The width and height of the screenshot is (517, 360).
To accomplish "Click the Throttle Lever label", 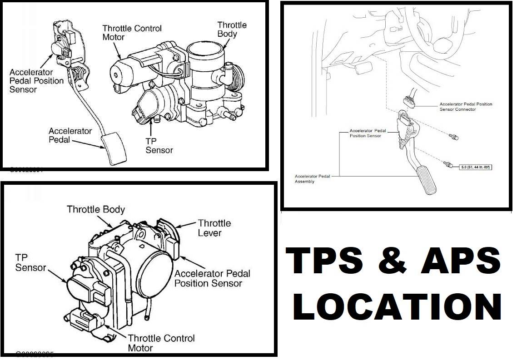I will coord(214,228).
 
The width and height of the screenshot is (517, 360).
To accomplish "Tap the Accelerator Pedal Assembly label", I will coord(313,178).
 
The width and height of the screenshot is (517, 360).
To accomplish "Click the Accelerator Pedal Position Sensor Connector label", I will coord(465,106).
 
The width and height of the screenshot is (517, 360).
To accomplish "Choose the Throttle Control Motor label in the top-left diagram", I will coord(132,32).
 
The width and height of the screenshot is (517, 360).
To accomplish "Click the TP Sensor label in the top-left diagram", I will coord(159,145).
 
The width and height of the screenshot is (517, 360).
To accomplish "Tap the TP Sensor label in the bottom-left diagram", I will coord(30,262).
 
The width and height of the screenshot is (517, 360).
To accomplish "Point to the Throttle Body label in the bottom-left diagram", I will coord(96,209).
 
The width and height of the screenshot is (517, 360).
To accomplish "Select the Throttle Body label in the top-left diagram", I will coord(232,29).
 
